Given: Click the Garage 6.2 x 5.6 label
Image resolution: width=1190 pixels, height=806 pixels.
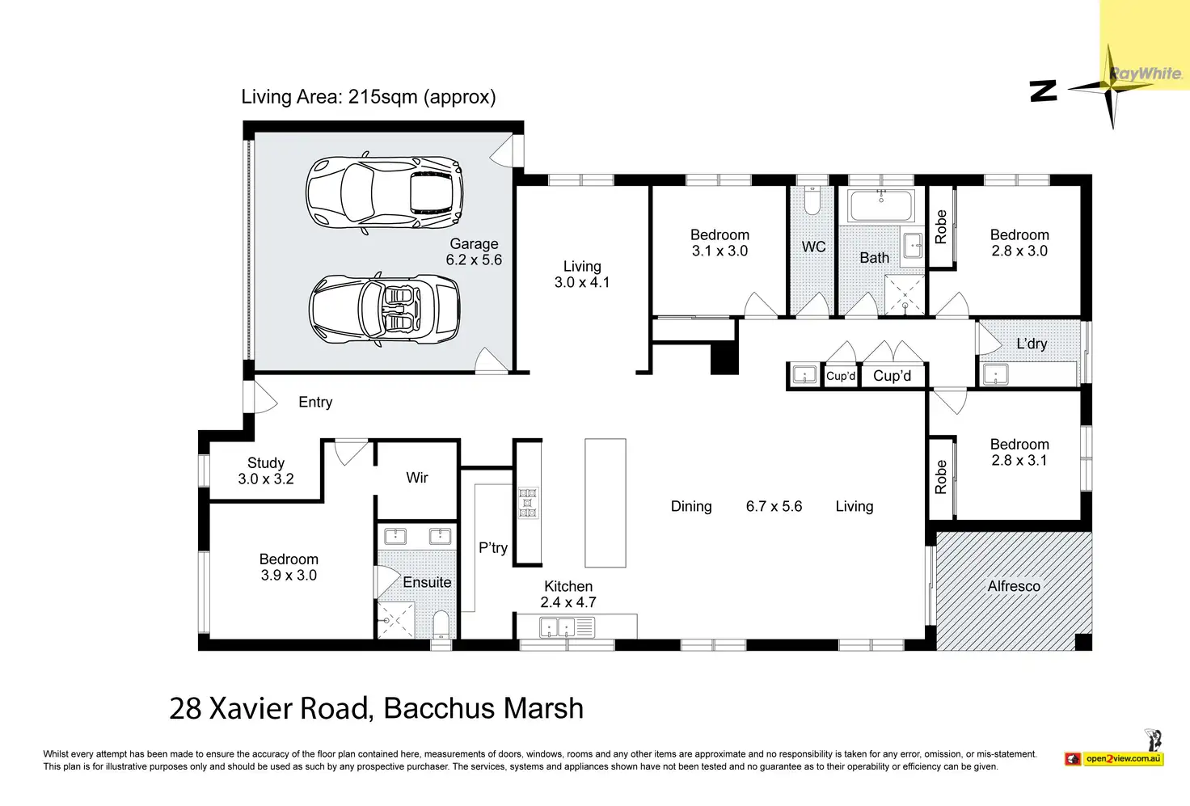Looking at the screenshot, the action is coord(474,252).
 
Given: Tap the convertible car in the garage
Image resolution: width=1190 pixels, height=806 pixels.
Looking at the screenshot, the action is coord(385,310).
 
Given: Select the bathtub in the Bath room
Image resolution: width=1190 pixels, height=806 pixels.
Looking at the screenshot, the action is coord(881,205).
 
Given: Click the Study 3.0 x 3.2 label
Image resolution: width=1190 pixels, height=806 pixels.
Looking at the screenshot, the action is coord(266,471).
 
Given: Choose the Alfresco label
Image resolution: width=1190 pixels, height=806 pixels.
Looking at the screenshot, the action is coord(1014,586).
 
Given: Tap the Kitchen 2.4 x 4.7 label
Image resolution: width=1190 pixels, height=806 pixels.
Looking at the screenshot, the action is coord(568,594).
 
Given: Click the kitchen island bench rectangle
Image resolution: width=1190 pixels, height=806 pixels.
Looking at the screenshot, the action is coord(605,503).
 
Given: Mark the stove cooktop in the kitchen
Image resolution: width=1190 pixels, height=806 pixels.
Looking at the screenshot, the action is coord(528,503).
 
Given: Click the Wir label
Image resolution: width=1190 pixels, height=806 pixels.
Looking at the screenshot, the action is coord(416,478).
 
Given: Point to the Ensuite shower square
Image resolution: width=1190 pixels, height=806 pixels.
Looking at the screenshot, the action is coord(395,620).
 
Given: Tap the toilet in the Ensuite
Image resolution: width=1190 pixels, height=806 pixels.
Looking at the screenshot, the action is coord(441,625).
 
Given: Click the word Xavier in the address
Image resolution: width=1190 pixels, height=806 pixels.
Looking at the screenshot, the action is coord(251,708).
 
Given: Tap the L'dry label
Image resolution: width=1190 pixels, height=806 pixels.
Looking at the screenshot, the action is coord(1032,344).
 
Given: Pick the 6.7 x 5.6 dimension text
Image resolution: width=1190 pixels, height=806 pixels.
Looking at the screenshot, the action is coord(774,506).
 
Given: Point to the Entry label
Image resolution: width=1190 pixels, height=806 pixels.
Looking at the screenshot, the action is coord(315,403).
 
